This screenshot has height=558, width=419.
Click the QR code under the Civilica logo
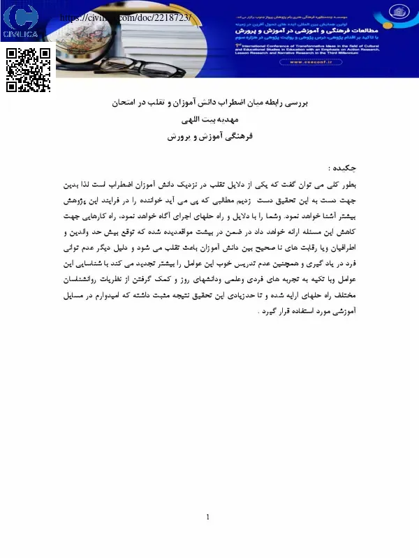(x=29, y=70)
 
